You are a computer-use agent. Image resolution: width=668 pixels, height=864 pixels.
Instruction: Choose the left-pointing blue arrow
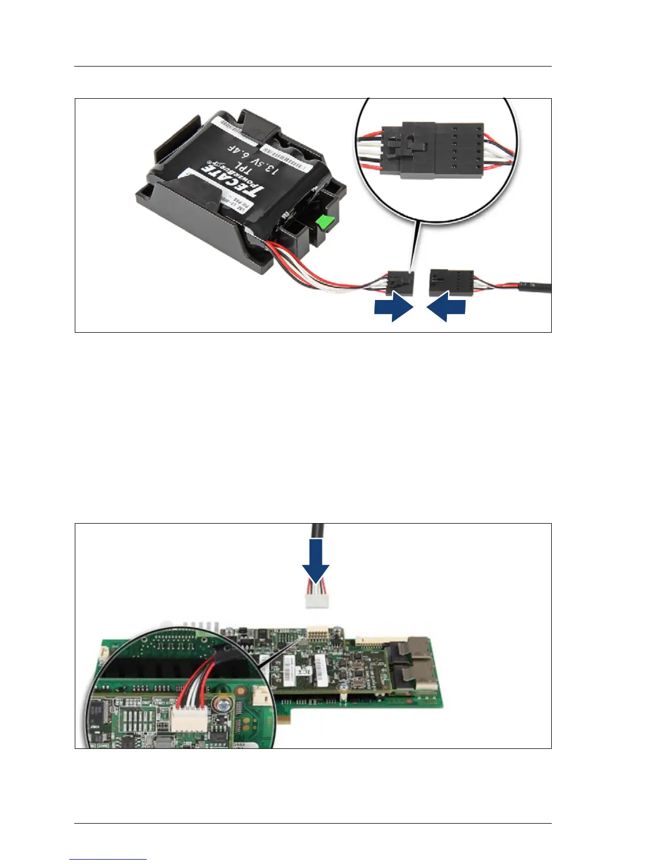click(446, 308)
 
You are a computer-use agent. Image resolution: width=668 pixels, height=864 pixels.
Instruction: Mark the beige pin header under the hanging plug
click(316, 632)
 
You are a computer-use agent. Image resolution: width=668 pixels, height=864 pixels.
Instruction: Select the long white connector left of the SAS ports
click(381, 639)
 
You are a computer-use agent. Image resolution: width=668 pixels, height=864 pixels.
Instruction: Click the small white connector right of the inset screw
click(260, 695)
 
